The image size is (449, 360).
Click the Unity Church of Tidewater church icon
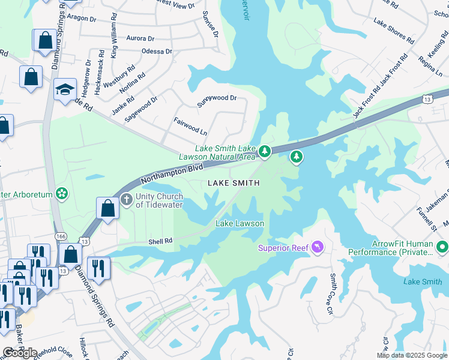tap(126, 199)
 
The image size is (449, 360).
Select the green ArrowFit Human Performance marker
tap(442, 247)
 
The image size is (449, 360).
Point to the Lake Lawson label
tap(240, 224)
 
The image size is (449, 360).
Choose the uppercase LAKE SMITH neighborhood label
tap(234, 183)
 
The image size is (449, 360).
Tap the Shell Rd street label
tap(160, 241)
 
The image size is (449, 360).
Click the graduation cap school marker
tap(65, 90)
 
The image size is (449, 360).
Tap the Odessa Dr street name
tap(157, 52)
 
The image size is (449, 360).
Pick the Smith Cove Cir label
tap(330, 294)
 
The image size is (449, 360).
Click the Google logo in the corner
tap(20, 352)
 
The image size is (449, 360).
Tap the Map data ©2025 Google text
tap(412, 355)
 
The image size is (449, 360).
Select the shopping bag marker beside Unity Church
tap(107, 209)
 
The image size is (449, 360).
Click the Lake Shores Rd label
tap(394, 32)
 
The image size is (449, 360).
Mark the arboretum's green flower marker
tap(61, 193)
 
